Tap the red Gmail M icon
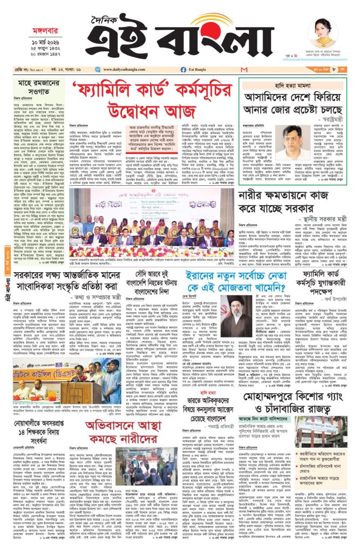coord(244,70)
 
